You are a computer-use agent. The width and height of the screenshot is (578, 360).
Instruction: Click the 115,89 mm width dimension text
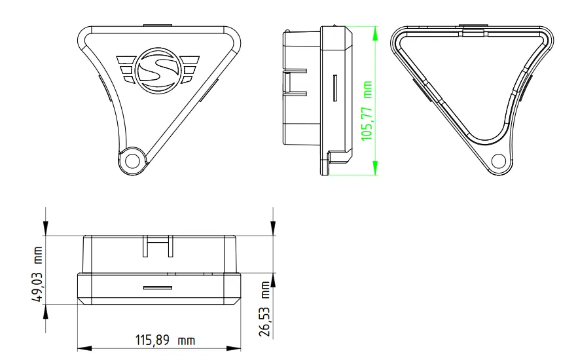click(x=164, y=340)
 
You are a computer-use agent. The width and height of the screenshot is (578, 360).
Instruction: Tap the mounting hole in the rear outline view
click(x=498, y=159)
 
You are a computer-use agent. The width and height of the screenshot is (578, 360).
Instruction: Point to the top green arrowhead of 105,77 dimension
click(x=376, y=31)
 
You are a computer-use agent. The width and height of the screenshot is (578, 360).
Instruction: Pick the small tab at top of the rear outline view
click(x=472, y=30)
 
